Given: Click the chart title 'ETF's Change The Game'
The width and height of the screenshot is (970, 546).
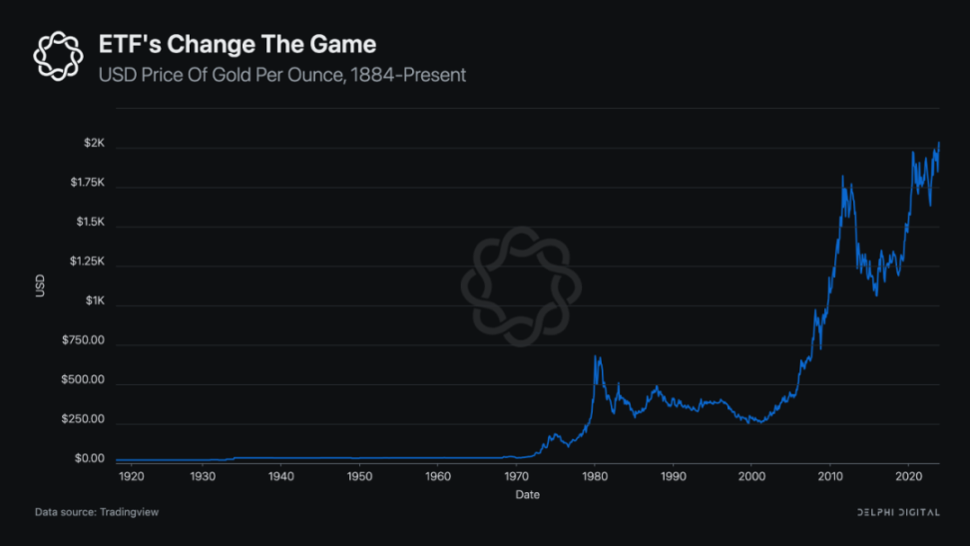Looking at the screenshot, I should (x=237, y=45).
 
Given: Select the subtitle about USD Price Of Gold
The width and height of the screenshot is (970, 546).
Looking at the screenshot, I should (x=281, y=75).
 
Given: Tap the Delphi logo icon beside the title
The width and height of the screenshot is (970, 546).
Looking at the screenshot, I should (x=58, y=55).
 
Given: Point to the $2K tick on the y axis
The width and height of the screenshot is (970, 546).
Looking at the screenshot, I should (x=93, y=144).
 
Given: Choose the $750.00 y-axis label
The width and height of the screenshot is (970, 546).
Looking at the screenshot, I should (x=81, y=341).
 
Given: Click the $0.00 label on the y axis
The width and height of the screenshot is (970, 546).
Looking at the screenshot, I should (x=87, y=459).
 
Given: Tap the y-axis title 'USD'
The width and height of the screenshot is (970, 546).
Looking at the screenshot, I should (x=40, y=284).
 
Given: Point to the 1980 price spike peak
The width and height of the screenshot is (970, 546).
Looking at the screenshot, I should (x=597, y=355).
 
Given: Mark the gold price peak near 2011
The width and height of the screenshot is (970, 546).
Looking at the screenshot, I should (x=843, y=178).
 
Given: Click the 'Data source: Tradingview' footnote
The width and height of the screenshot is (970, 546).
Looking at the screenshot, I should (x=97, y=512).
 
